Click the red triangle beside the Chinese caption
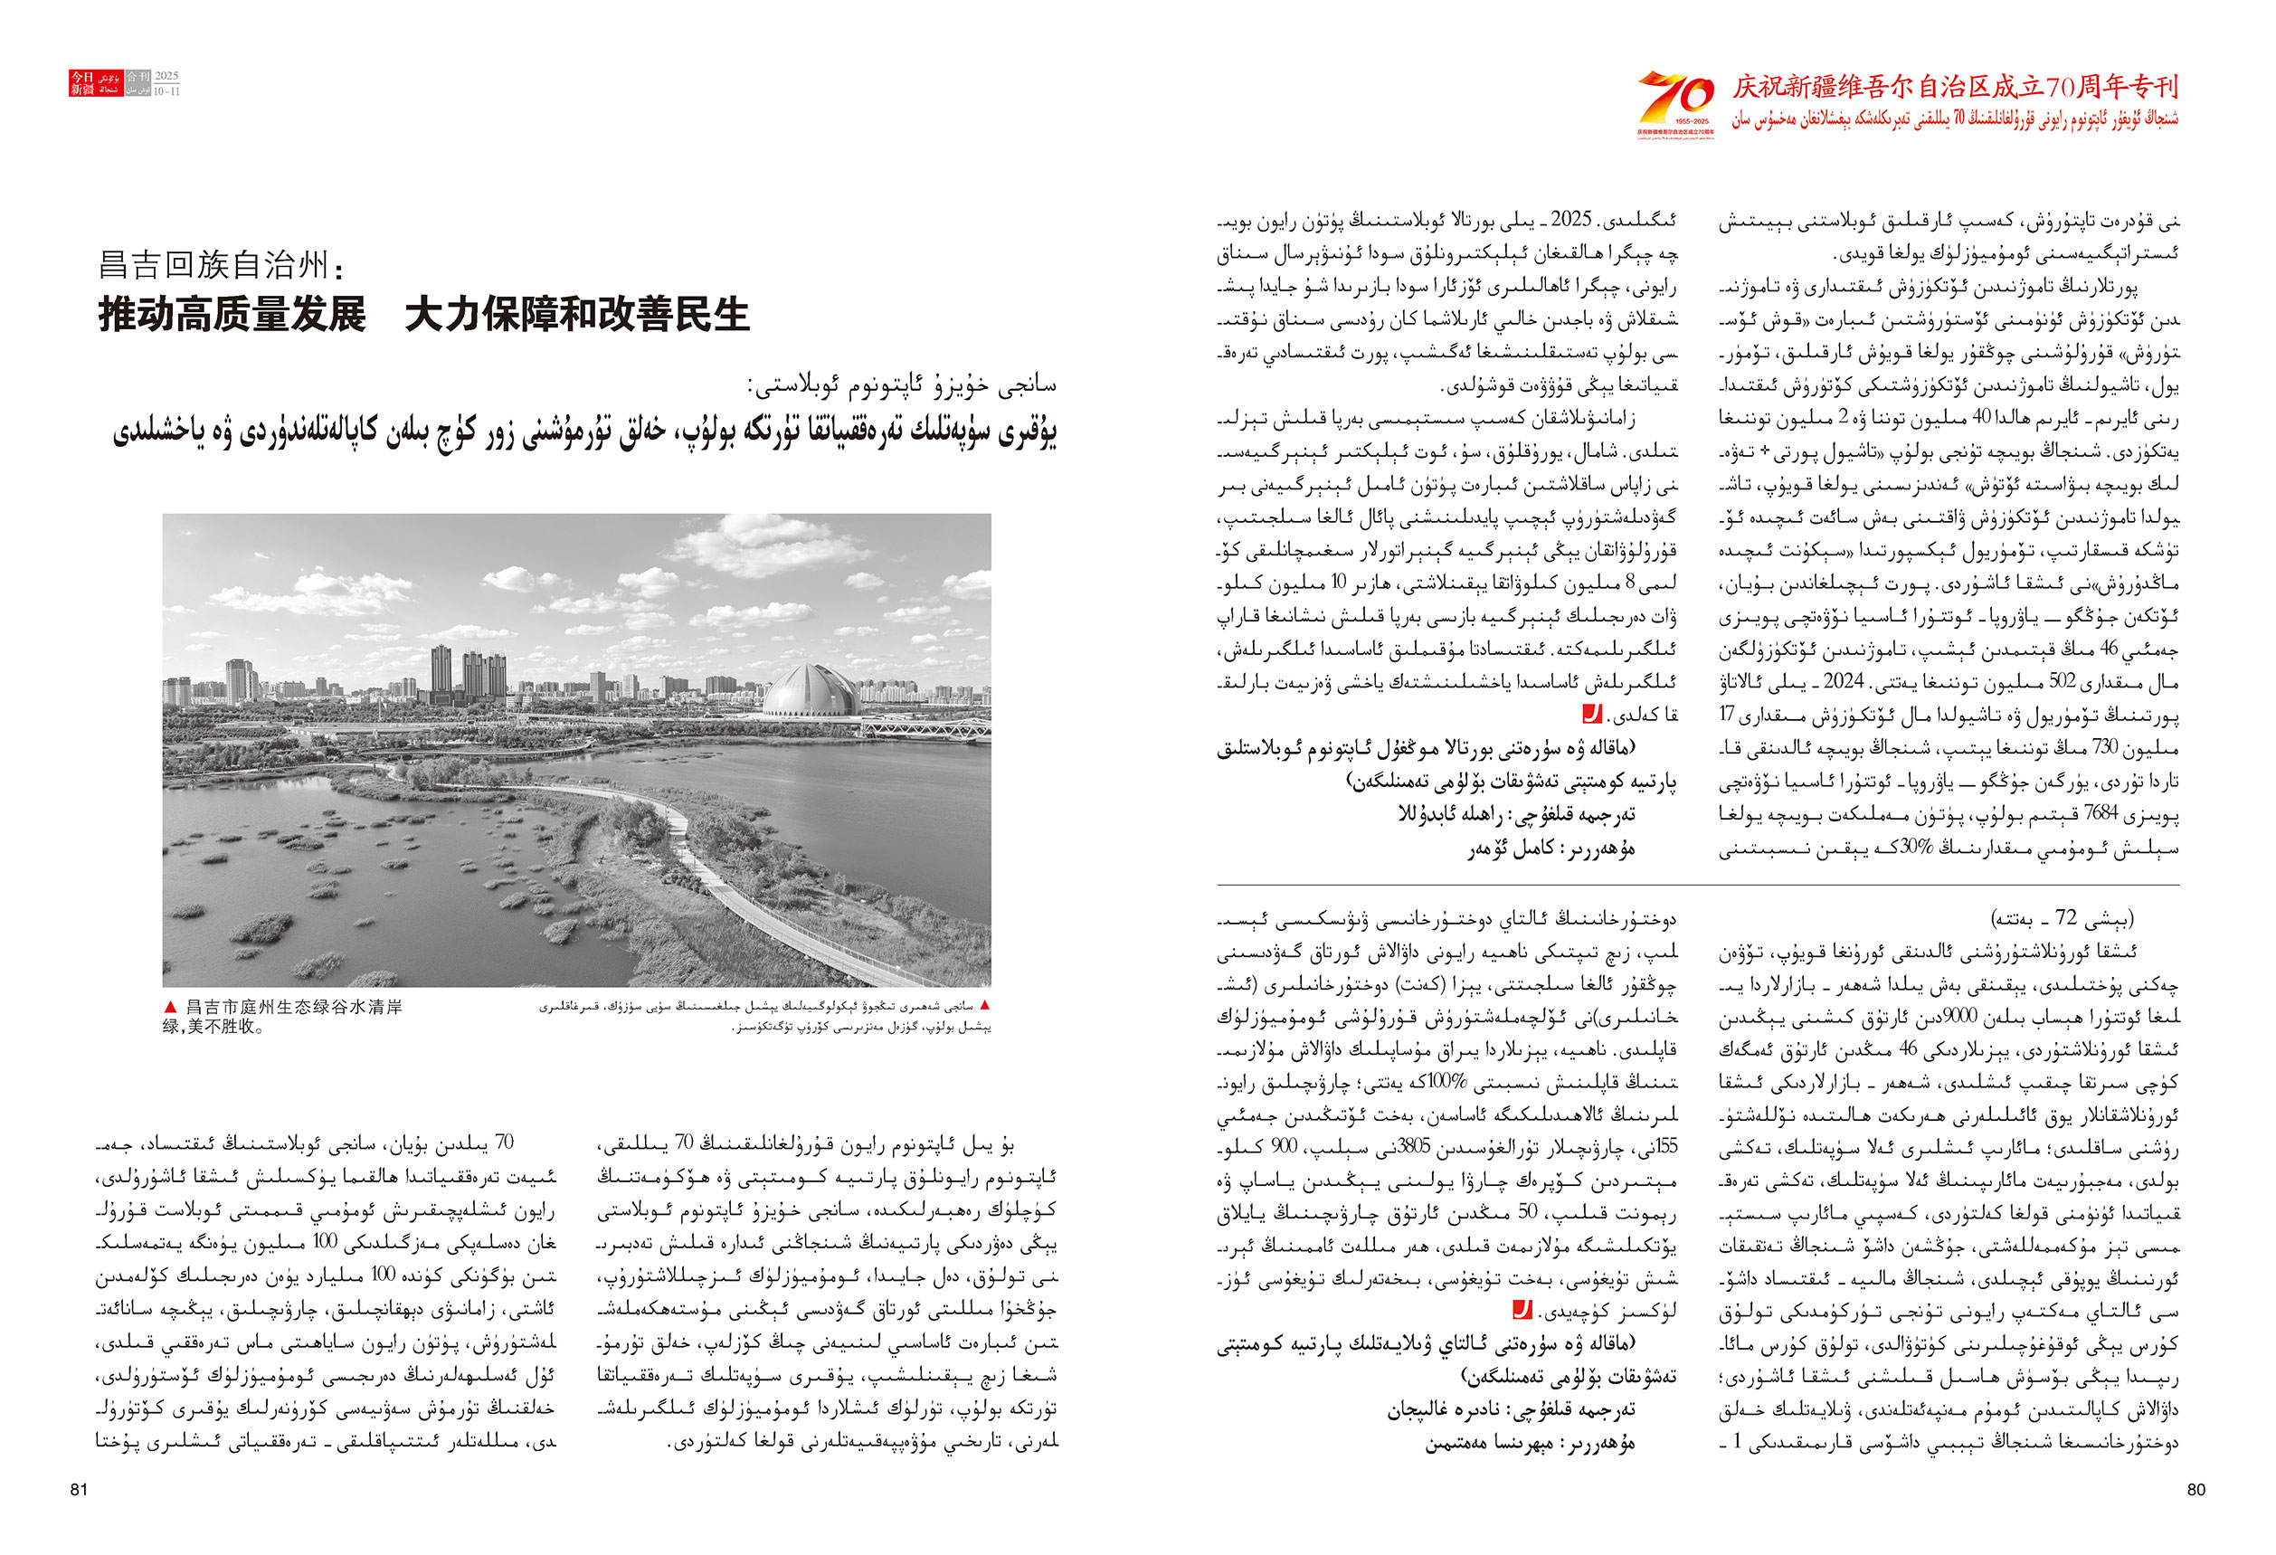170,1007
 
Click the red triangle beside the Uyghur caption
985,1006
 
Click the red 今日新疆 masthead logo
82,83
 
